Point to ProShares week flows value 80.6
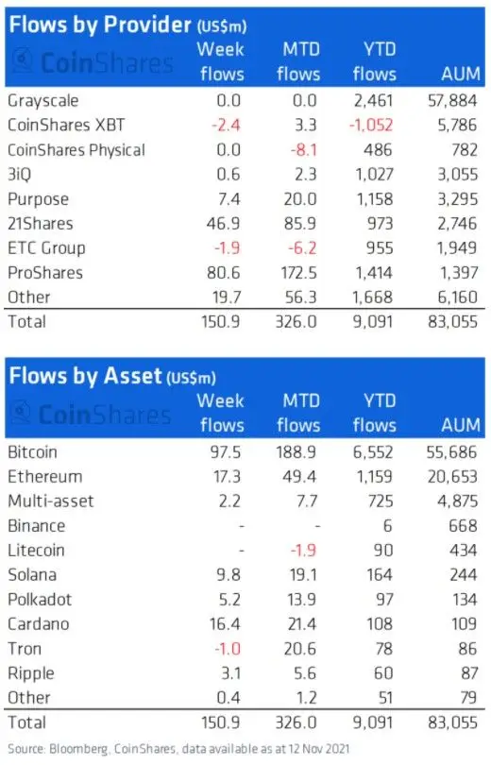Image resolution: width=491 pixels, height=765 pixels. point(225,272)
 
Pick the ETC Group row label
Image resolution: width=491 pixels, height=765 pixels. point(45,247)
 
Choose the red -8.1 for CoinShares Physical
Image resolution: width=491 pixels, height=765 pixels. point(303,148)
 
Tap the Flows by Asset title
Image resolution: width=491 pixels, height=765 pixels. point(86,376)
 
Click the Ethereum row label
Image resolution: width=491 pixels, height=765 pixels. point(43,476)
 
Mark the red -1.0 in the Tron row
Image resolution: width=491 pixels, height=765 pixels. point(229,649)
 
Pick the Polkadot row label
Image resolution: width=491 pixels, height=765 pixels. point(40,600)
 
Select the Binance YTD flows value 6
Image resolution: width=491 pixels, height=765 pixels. point(388,525)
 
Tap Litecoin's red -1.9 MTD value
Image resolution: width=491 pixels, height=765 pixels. point(303,550)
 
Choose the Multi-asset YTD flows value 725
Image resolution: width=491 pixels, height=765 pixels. point(381,501)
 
